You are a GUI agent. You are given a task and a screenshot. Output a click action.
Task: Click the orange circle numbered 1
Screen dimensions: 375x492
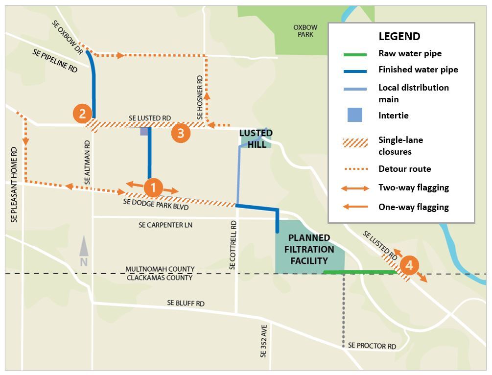pyautogui.click(x=153, y=187)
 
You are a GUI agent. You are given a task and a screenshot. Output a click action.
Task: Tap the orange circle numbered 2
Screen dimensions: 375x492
pyautogui.click(x=82, y=114)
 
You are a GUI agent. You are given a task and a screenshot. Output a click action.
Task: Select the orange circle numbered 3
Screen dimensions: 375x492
pyautogui.click(x=181, y=133)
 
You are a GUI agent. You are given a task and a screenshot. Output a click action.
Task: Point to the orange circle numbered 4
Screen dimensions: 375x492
pyautogui.click(x=409, y=266)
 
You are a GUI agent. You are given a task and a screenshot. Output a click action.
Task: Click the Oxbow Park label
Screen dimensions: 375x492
pyautogui.click(x=305, y=31)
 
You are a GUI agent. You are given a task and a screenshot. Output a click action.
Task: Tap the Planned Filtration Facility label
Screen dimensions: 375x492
pyautogui.click(x=309, y=249)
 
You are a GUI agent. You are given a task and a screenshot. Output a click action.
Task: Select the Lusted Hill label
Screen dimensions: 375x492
pyautogui.click(x=256, y=139)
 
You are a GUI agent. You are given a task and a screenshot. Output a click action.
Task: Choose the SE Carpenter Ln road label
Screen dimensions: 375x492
pyautogui.click(x=165, y=225)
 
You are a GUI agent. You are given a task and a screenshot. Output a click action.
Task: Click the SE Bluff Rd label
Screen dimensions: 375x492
pyautogui.click(x=186, y=304)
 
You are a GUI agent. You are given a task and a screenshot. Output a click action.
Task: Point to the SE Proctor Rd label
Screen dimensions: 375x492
pyautogui.click(x=372, y=346)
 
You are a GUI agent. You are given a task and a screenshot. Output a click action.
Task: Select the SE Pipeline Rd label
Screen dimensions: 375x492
pyautogui.click(x=55, y=61)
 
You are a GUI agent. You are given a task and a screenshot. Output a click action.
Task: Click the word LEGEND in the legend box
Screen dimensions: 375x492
pyautogui.click(x=399, y=36)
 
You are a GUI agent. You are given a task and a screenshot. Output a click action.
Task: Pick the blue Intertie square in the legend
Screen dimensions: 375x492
pyautogui.click(x=355, y=116)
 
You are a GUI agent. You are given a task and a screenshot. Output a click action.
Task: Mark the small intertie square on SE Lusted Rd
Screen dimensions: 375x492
pyautogui.click(x=144, y=131)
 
